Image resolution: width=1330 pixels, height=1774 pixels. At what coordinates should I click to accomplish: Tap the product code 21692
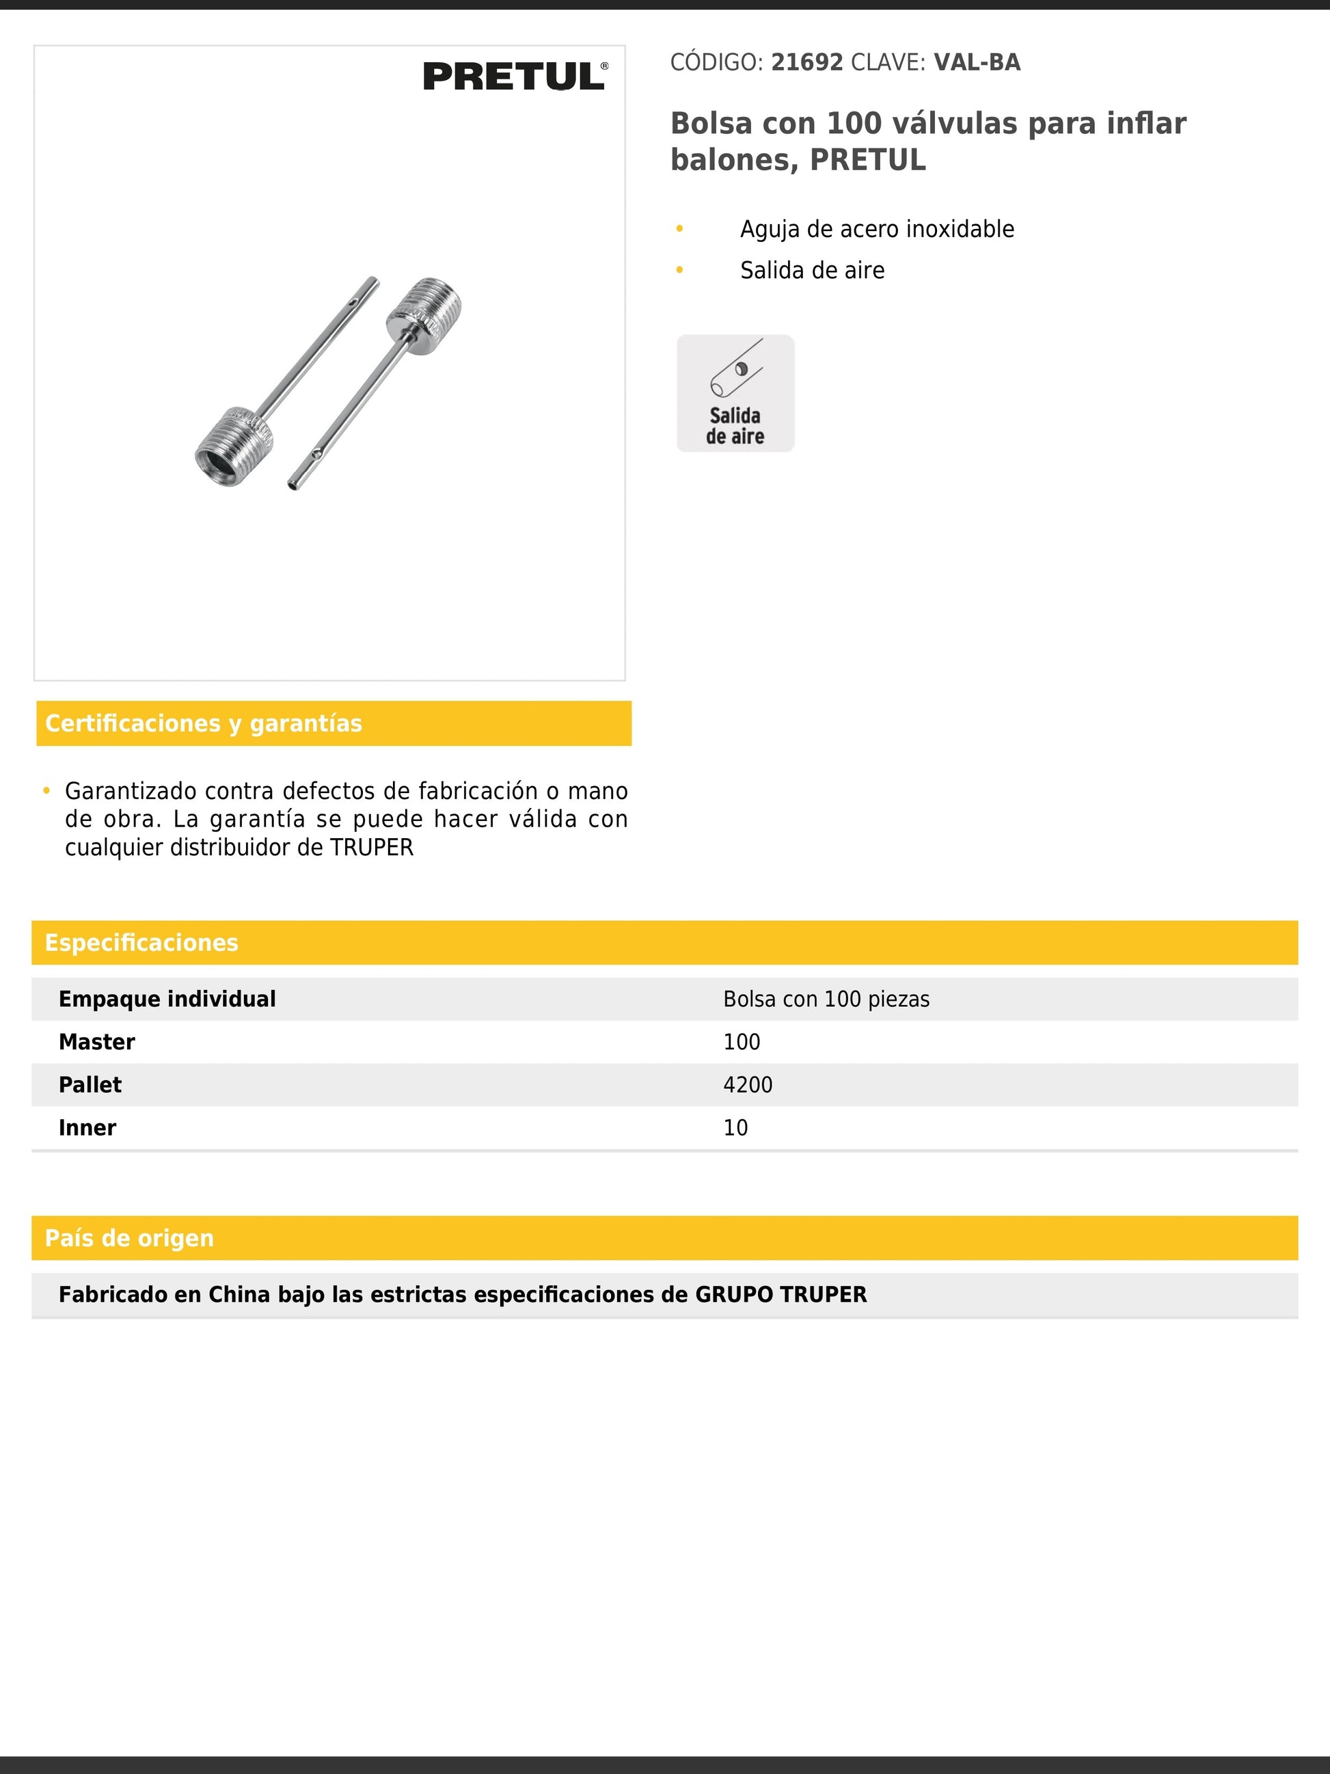tap(806, 63)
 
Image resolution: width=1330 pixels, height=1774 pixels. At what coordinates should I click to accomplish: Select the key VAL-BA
tap(977, 63)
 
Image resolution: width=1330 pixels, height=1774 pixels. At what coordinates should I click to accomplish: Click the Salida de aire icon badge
tap(735, 393)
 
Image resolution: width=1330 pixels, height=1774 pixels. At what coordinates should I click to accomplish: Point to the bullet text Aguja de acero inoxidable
tap(876, 230)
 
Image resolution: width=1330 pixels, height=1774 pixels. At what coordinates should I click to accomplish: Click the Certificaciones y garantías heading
tap(204, 723)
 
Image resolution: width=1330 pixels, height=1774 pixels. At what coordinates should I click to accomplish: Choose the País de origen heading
tap(129, 1237)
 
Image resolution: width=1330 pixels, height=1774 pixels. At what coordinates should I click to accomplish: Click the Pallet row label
tap(90, 1085)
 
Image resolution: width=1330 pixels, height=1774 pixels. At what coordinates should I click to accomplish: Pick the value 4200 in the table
tap(747, 1085)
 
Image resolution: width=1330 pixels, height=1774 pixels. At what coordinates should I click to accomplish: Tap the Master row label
tap(96, 1042)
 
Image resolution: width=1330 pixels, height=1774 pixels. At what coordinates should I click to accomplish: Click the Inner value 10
tap(735, 1127)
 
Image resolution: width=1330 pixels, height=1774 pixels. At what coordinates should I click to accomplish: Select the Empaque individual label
tap(167, 999)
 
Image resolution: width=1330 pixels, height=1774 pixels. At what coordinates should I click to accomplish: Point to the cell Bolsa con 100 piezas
tap(826, 999)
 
